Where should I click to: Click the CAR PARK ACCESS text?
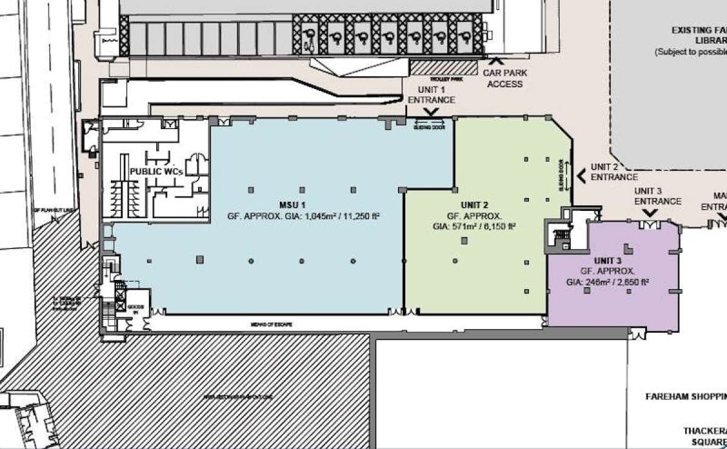point(503,78)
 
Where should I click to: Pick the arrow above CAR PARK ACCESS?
point(496,61)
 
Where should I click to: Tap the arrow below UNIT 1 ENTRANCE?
point(433,112)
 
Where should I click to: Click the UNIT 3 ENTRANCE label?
point(657,196)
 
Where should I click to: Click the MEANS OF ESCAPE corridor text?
point(273,325)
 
